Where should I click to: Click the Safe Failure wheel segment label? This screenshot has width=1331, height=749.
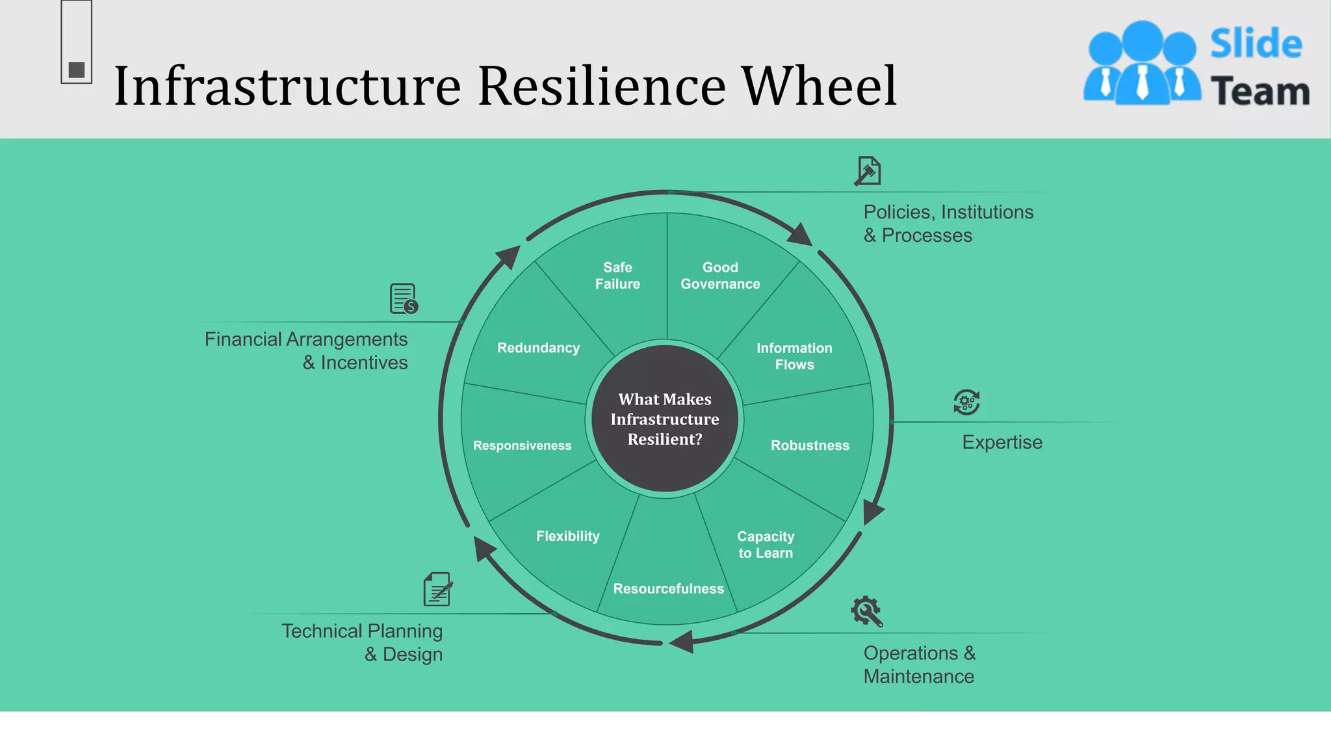tap(617, 276)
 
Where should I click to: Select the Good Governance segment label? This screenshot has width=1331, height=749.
tap(720, 276)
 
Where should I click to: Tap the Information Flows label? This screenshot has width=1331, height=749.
tap(794, 356)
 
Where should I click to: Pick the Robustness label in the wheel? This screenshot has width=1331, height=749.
tap(810, 445)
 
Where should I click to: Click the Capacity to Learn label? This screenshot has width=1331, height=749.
tap(766, 545)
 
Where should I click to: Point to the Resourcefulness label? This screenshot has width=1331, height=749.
tap(668, 588)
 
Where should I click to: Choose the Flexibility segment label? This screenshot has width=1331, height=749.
tap(567, 536)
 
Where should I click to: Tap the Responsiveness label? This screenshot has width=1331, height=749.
tap(522, 445)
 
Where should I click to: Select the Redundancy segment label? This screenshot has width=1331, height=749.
tap(538, 348)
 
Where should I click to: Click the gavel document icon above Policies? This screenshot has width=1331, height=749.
tap(868, 171)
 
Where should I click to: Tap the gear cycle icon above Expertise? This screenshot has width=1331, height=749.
tap(966, 402)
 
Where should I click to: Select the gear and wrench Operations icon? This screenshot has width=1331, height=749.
tap(866, 611)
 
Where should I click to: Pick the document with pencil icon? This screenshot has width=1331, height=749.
tap(438, 589)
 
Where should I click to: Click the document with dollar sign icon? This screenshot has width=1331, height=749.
tap(404, 298)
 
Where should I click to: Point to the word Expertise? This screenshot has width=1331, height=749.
tap(1001, 442)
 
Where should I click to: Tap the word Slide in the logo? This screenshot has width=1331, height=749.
tap(1256, 44)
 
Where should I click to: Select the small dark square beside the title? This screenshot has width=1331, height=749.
tap(77, 70)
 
